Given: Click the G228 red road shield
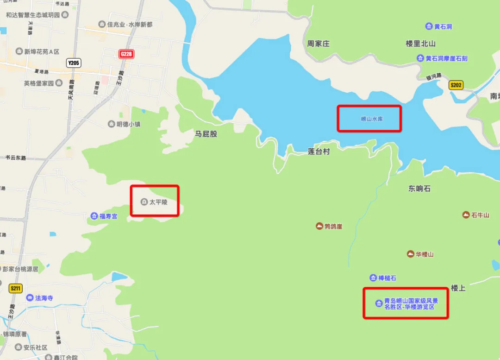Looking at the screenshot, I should [x=126, y=54].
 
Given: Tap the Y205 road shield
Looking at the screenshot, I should [x=74, y=63].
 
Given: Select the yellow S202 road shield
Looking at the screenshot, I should [x=456, y=85].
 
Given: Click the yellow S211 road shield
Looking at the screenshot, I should [x=15, y=289].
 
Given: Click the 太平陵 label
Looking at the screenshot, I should [x=158, y=202].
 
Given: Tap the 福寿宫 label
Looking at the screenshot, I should [x=108, y=216].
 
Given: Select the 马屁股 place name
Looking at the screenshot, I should [x=206, y=134].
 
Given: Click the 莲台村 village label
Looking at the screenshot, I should [x=319, y=152].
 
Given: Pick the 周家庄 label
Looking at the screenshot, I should [x=318, y=44].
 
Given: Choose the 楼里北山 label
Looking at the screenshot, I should [x=420, y=44].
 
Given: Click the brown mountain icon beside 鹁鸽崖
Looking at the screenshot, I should [x=319, y=226].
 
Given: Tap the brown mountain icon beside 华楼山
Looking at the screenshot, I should [x=410, y=254].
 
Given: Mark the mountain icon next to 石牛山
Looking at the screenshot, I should [x=466, y=215].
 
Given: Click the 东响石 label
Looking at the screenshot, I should [x=419, y=189].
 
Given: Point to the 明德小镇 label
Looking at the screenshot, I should [x=128, y=124].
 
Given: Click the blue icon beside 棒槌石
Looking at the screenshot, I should [x=373, y=278].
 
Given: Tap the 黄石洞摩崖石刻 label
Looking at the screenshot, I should [x=446, y=58].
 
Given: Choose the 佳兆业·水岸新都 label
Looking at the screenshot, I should [x=130, y=24].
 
